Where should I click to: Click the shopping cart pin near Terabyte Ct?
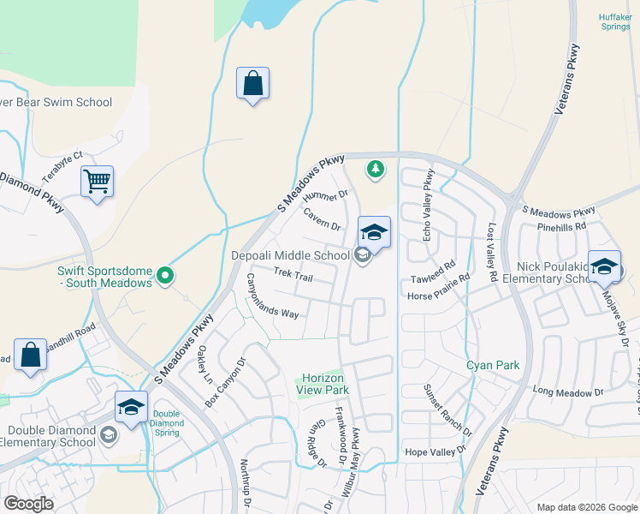[97, 182]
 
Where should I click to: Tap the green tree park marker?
[375, 170]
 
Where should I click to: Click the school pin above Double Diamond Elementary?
[131, 408]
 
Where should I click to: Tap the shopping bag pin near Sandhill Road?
[30, 356]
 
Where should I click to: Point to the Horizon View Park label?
[322, 383]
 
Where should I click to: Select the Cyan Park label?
[493, 365]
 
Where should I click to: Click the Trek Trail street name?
[293, 275]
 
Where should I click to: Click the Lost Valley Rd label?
[492, 254]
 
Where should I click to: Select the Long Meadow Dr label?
[568, 391]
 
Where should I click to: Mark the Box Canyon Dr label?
[225, 388]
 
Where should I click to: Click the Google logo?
[29, 503]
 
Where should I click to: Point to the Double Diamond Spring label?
[166, 421]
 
